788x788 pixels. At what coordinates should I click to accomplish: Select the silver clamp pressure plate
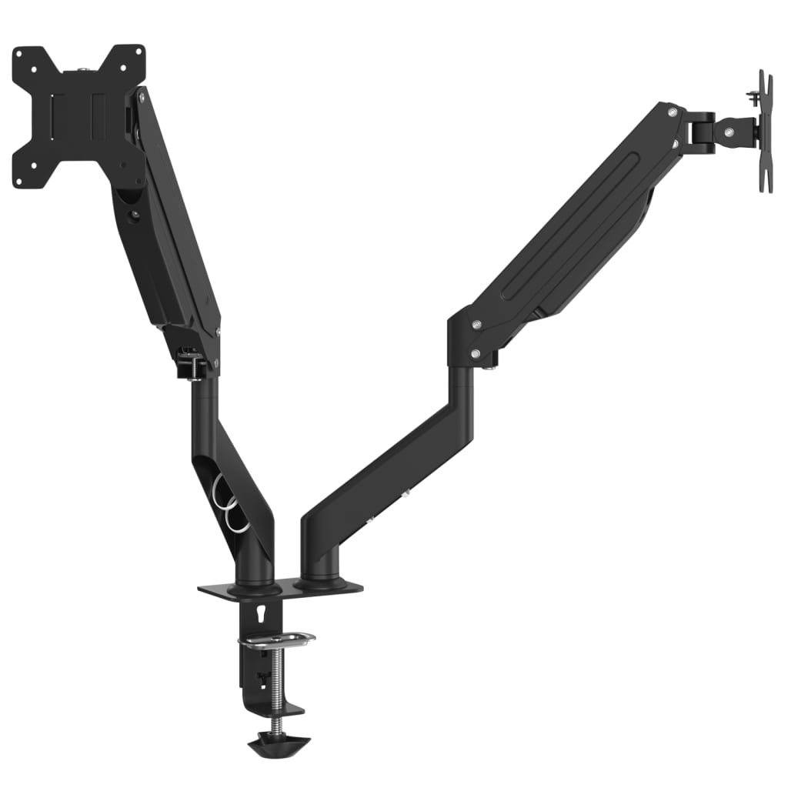276,639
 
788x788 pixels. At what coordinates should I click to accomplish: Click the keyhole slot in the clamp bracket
265,613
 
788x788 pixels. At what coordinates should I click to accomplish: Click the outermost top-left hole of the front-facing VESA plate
20,55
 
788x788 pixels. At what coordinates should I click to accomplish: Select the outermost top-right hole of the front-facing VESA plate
139,53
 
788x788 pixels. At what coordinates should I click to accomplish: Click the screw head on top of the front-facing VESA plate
83,72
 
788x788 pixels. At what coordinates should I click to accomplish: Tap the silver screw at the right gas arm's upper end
673,112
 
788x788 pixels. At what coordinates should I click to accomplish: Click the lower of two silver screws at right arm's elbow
476,353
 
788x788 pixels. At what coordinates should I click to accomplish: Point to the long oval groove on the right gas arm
569,223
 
